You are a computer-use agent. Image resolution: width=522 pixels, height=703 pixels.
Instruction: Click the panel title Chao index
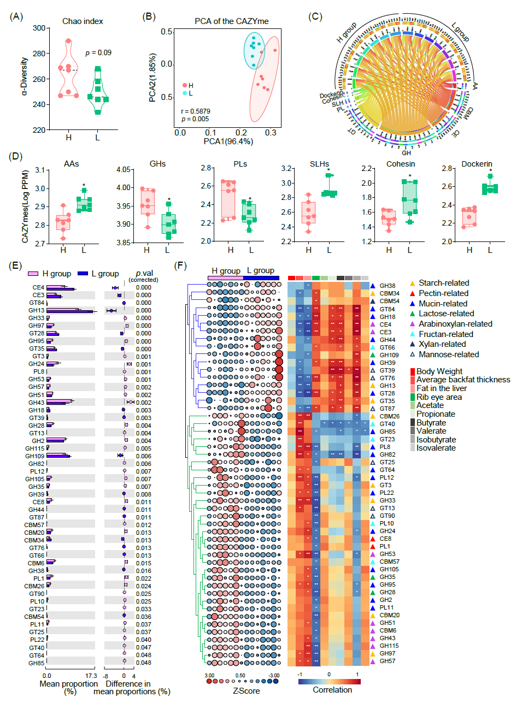83,21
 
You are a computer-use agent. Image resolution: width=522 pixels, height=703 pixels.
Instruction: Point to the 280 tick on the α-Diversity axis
39,54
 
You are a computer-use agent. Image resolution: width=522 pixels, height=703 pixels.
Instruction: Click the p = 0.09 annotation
98,53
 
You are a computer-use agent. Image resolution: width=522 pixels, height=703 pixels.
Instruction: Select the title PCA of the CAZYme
232,21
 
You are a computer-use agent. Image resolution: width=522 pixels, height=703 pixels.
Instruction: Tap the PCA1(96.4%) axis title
228,141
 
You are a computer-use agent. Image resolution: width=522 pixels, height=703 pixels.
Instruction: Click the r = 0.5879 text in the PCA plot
195,111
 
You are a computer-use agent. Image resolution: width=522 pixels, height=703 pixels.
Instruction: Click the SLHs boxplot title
319,164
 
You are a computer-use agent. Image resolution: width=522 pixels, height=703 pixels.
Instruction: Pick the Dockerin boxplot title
477,164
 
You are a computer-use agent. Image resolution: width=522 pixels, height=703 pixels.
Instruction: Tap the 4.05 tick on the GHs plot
124,169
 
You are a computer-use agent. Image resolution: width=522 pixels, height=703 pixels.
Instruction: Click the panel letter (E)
16,265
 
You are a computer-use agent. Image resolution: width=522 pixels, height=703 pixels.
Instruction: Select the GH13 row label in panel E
37,310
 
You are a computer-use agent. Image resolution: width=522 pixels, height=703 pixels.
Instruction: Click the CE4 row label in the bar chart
38,287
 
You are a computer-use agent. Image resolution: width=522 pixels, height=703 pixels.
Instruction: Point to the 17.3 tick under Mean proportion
91,676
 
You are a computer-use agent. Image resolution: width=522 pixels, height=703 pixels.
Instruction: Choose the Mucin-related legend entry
443,304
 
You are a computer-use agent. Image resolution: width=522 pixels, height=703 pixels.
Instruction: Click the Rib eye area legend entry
439,397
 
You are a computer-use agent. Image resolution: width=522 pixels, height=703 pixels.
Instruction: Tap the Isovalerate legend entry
436,448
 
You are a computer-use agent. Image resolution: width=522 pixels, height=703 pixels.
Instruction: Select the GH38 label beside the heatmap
388,286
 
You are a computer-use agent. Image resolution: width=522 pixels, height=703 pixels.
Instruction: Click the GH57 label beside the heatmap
388,661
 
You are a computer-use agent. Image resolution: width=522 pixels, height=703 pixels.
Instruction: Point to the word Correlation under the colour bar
332,690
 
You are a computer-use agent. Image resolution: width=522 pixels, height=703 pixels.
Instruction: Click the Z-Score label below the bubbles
246,691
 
